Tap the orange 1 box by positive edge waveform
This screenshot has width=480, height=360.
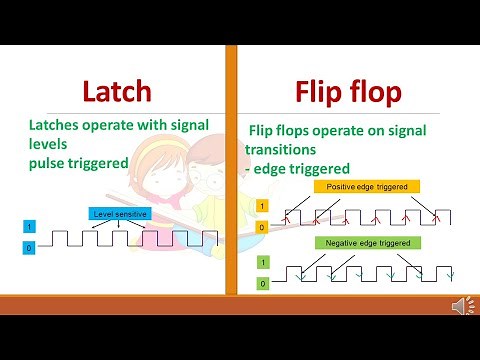tap(262, 207)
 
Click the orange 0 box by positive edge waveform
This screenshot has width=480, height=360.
tap(262, 227)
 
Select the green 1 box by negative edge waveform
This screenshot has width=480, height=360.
tap(262, 263)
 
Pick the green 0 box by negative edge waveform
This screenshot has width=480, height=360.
tap(262, 283)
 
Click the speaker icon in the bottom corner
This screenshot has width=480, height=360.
tap(461, 306)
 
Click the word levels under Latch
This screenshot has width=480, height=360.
tap(51, 143)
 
